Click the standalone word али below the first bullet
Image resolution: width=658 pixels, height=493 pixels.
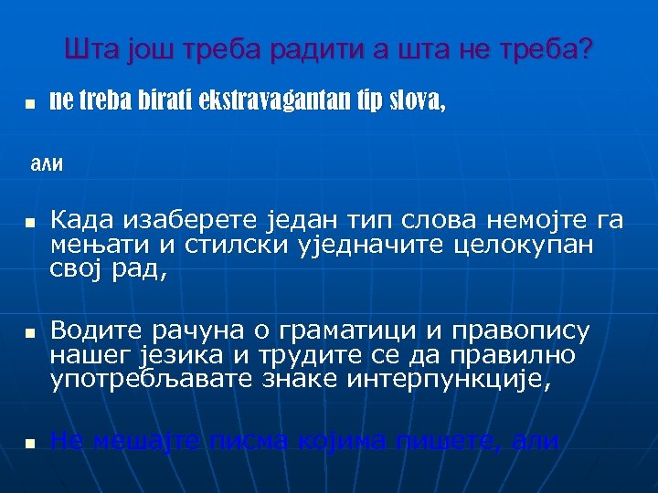tap(47, 164)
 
